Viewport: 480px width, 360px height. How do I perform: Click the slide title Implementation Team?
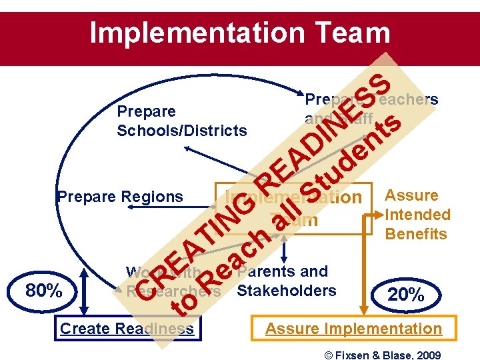(x=239, y=33)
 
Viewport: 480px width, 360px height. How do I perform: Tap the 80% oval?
(x=43, y=291)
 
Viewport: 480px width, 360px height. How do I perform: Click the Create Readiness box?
(x=127, y=329)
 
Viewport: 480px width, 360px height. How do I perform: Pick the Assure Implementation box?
(x=353, y=329)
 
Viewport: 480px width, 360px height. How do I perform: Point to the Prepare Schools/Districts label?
(x=181, y=120)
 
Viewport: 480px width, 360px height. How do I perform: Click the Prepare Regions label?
(x=120, y=197)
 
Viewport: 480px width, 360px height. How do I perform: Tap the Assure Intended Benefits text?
(x=417, y=215)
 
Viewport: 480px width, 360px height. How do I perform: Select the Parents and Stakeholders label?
(x=286, y=281)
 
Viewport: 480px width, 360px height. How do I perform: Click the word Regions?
(x=153, y=197)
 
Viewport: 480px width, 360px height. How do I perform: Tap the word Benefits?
(x=416, y=234)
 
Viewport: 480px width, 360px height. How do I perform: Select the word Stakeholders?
(x=287, y=291)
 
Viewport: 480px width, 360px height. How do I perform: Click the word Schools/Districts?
(x=181, y=130)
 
